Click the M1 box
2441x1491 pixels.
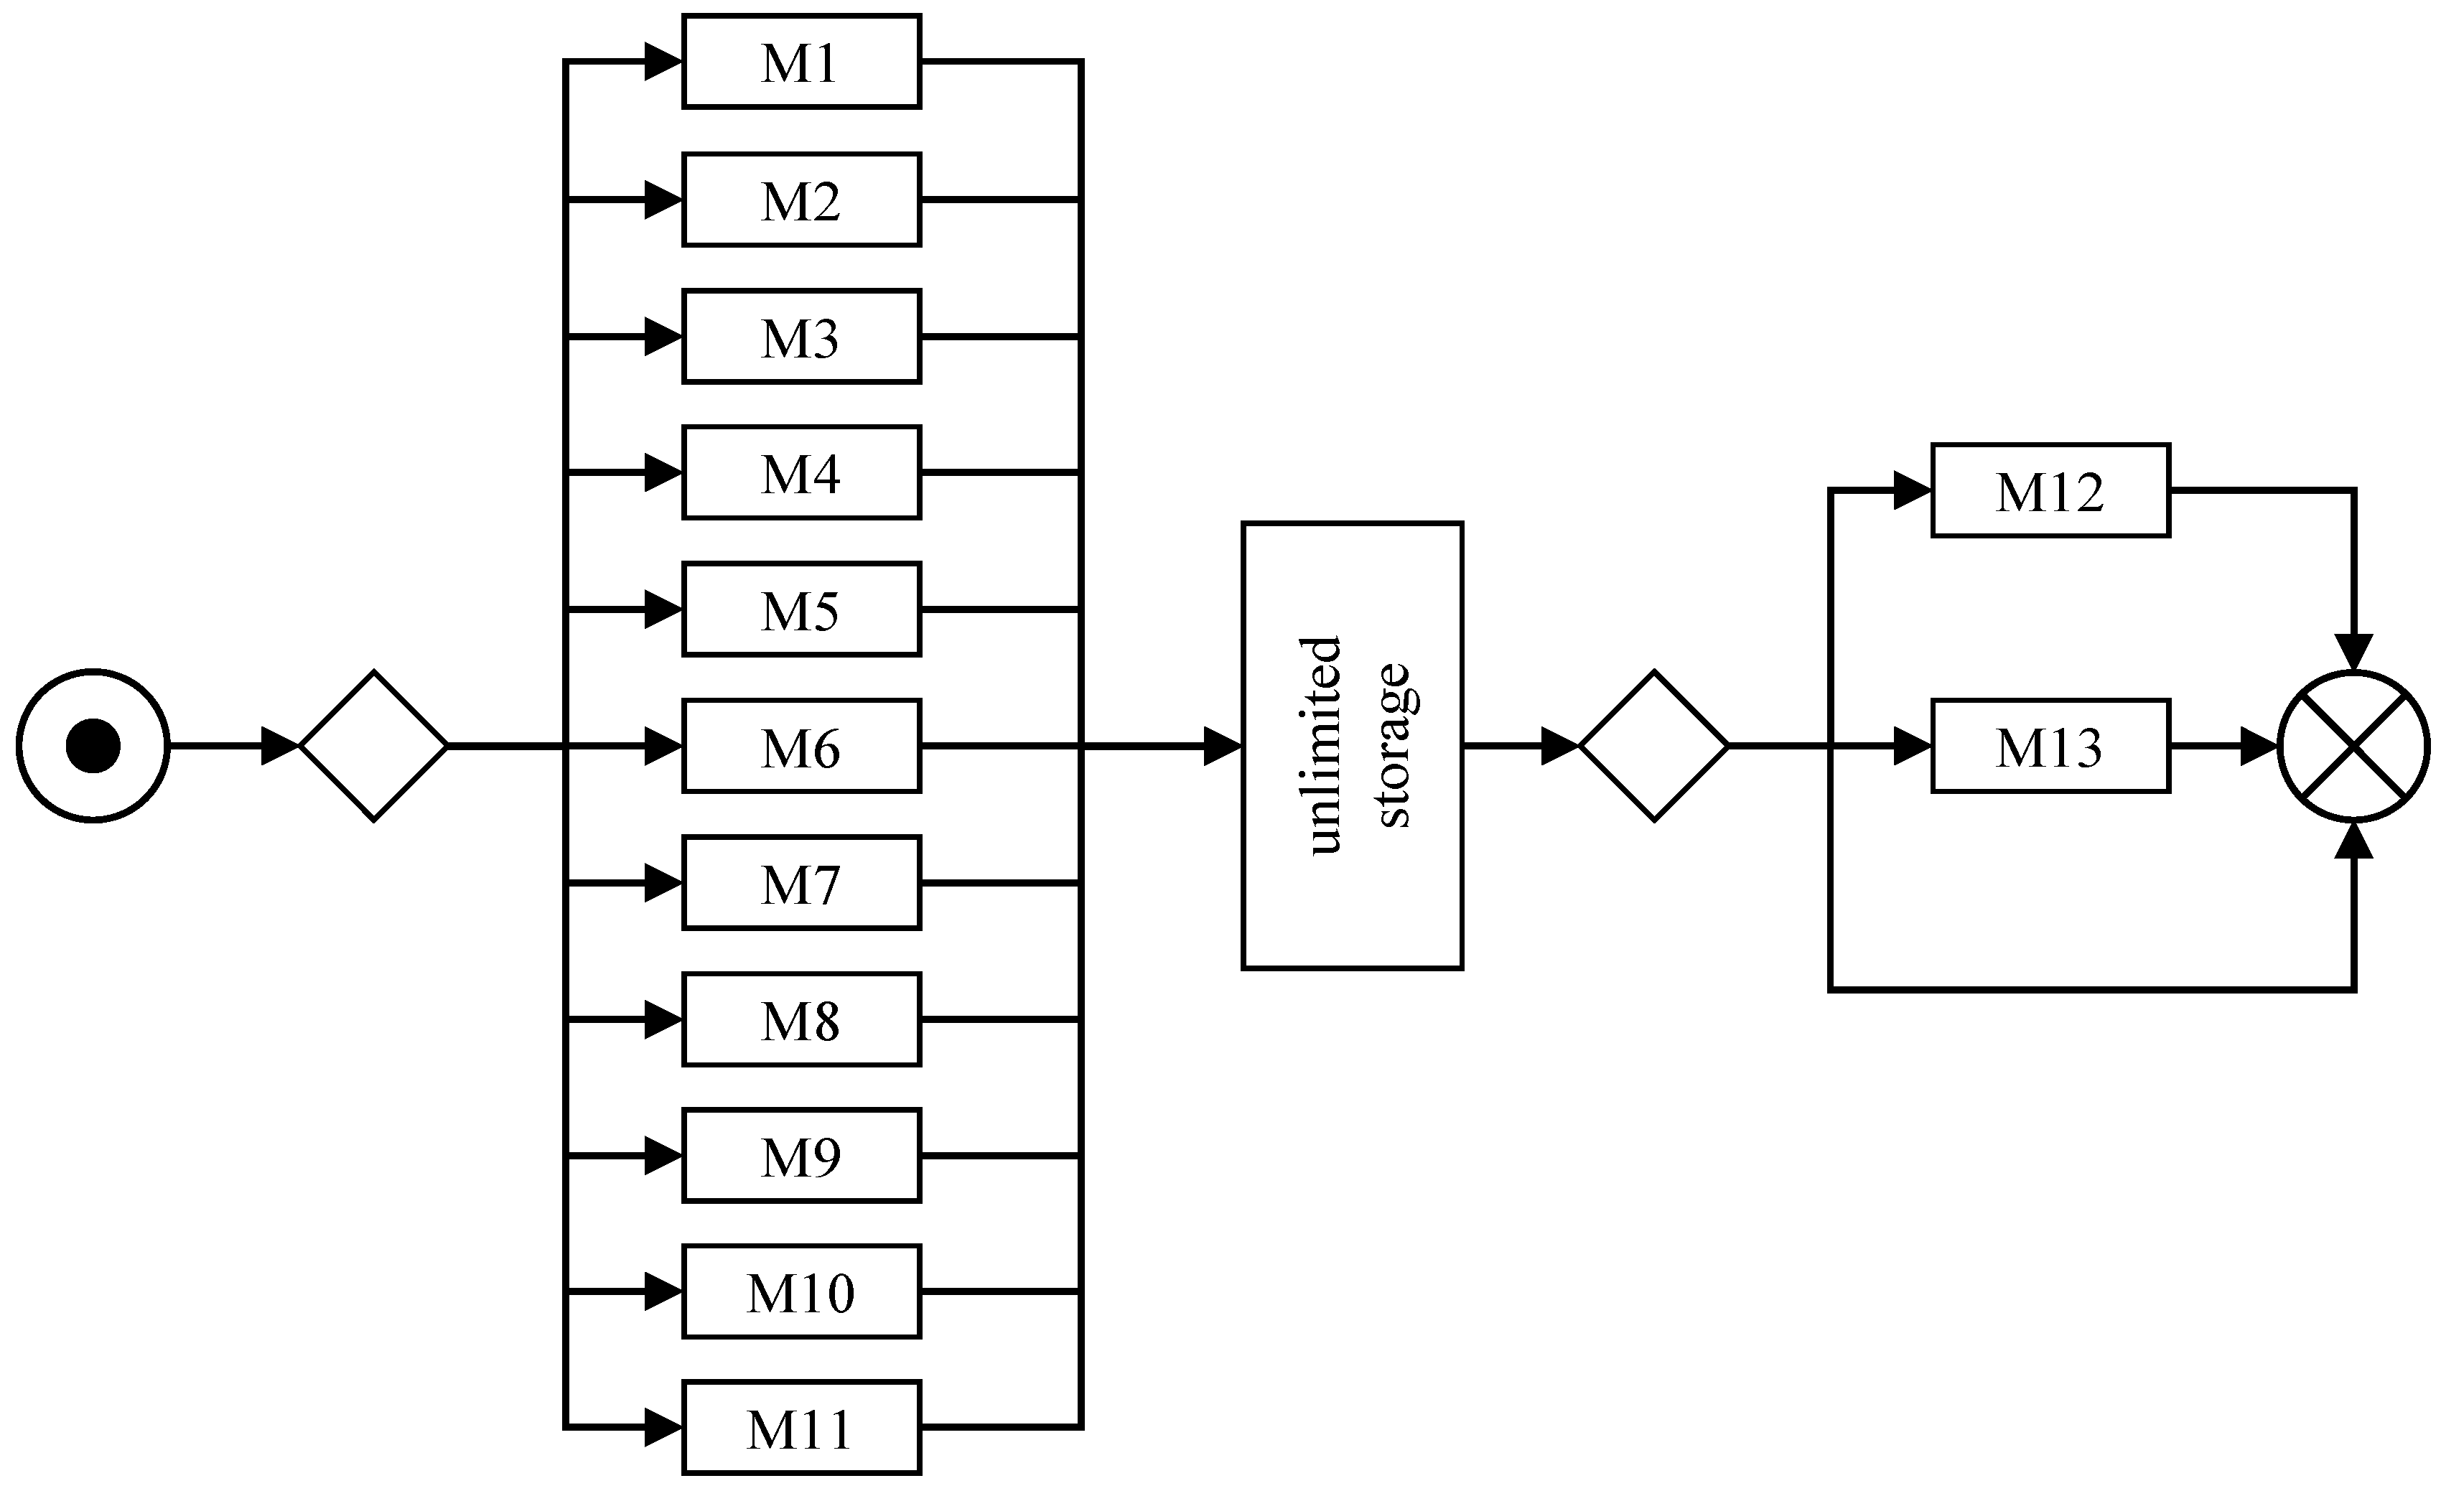click(801, 62)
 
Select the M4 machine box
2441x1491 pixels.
click(801, 472)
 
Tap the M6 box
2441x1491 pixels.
click(801, 746)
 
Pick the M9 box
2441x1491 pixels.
click(801, 1155)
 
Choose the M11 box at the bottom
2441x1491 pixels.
click(801, 1428)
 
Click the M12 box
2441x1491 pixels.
click(2050, 490)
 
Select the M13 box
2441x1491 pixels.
click(2050, 746)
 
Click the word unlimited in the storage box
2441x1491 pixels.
click(1325, 746)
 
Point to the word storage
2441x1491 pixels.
click(1393, 746)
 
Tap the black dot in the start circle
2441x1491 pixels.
click(93, 746)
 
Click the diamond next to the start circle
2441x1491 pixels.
click(373, 746)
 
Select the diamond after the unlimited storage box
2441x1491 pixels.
click(1653, 746)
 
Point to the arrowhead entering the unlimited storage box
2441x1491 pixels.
click(1221, 746)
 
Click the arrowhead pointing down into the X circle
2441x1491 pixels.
click(2354, 652)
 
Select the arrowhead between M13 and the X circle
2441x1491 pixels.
click(2258, 746)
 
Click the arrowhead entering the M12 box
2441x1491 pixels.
click(1911, 490)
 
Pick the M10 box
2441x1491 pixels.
click(801, 1292)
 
